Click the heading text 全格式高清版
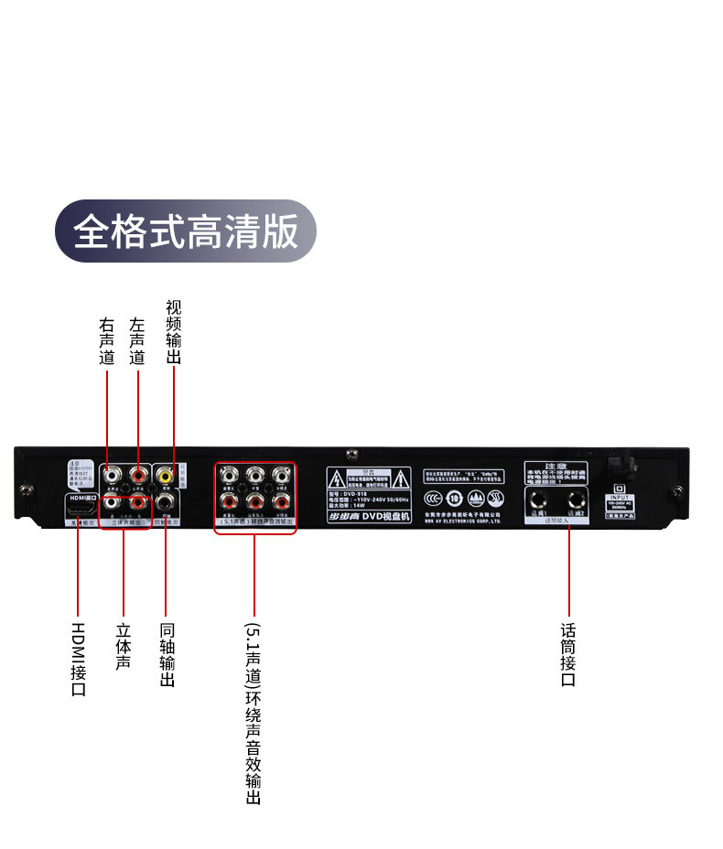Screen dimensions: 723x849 [186, 231]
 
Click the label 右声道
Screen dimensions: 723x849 [107, 341]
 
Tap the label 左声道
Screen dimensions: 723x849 [137, 341]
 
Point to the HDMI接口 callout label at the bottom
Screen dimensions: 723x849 [78, 659]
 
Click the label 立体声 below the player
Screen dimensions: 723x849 [123, 646]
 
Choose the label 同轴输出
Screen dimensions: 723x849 [167, 655]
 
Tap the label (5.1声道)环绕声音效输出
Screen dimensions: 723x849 [254, 714]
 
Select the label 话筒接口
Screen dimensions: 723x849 [568, 655]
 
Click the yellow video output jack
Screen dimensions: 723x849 [165, 476]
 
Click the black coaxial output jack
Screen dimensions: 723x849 [165, 501]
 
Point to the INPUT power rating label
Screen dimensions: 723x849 [619, 501]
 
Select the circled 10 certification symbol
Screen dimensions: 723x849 [455, 499]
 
